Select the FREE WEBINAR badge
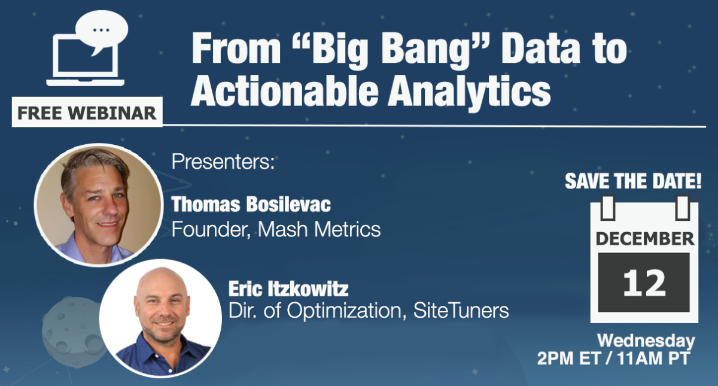click(x=87, y=112)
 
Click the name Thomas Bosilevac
click(x=251, y=205)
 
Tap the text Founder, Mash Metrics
click(x=276, y=229)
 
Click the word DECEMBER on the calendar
click(x=644, y=239)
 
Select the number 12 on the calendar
click(x=644, y=282)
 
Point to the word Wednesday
click(x=646, y=341)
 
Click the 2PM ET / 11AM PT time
click(x=614, y=359)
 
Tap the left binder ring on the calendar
click(x=606, y=207)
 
